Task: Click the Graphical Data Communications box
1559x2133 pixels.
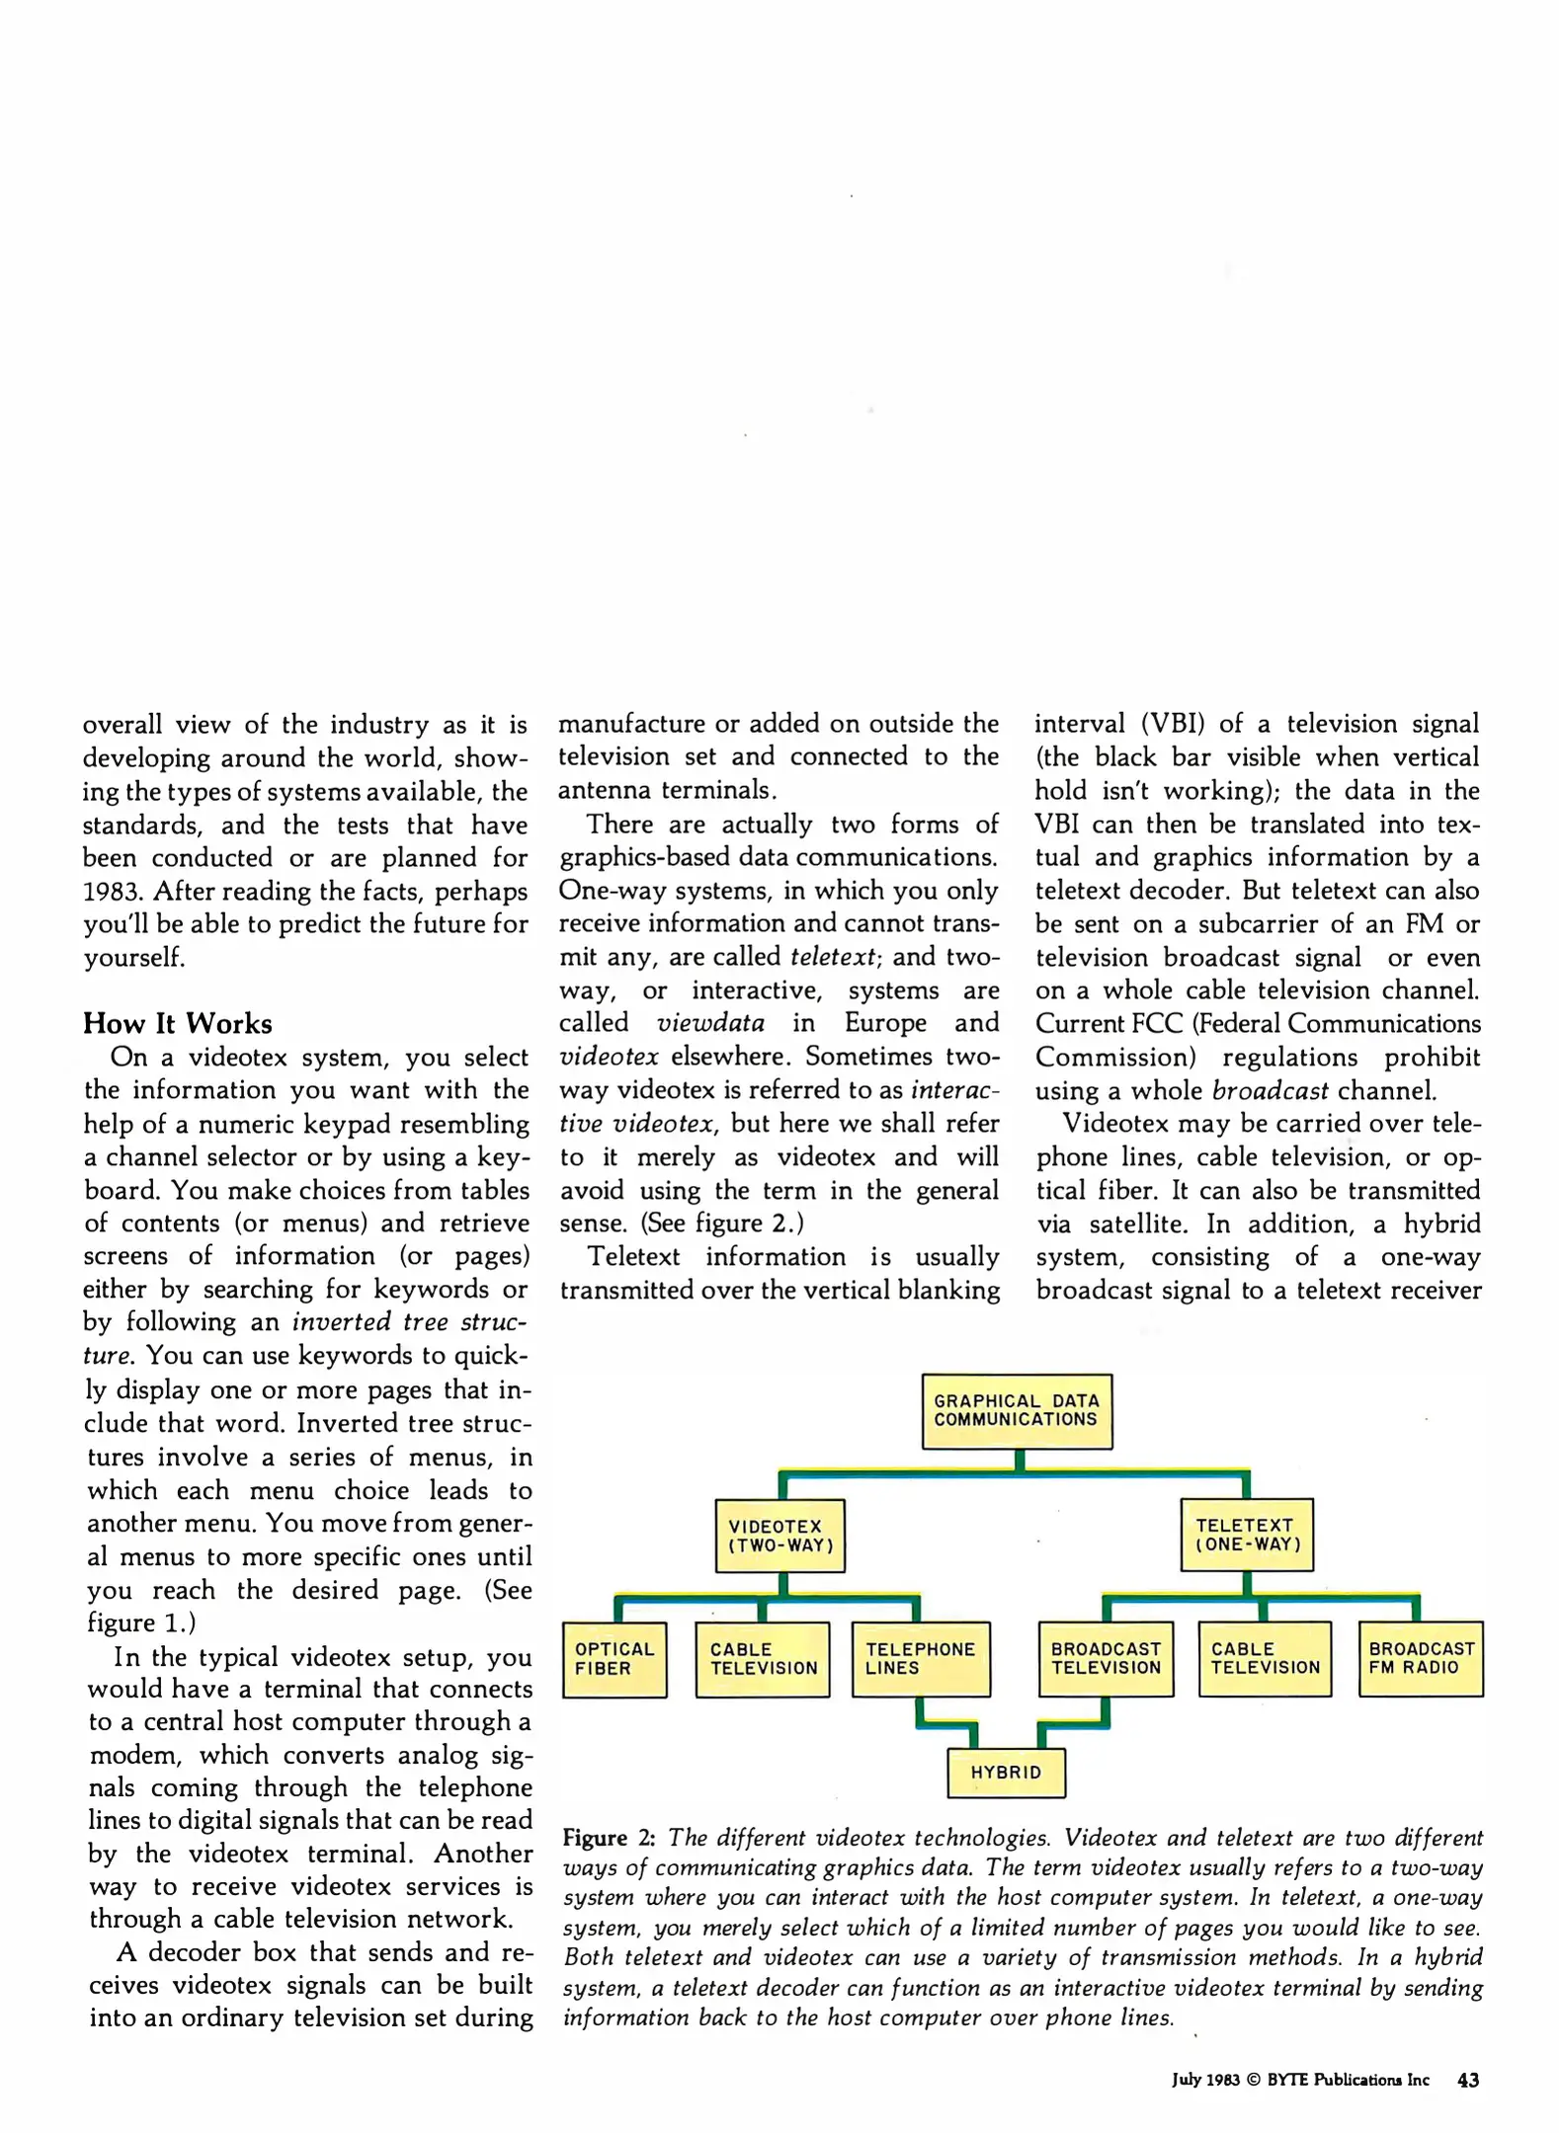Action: point(1016,1410)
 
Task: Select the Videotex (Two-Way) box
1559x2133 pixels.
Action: point(779,1536)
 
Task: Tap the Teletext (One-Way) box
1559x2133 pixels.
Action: point(1247,1535)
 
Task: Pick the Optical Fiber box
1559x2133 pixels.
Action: point(614,1659)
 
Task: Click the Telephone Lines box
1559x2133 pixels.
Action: point(920,1659)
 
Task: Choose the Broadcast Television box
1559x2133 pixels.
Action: point(1106,1659)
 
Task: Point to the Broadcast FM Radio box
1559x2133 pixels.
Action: point(1420,1659)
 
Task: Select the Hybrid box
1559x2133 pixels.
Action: point(1006,1773)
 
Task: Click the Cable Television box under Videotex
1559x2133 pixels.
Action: point(763,1659)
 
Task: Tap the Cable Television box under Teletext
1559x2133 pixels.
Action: point(1265,1659)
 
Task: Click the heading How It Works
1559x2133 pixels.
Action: point(177,1023)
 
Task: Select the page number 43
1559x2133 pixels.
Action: point(1467,2080)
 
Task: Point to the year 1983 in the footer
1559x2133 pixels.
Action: point(1221,2081)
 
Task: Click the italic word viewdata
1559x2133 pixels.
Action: point(710,1023)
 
